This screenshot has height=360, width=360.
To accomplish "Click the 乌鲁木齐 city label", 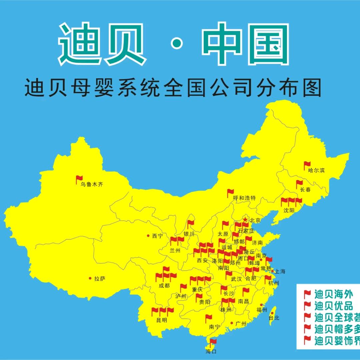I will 92,184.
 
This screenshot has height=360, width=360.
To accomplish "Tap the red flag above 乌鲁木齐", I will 79,179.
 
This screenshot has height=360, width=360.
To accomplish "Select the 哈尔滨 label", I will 316,170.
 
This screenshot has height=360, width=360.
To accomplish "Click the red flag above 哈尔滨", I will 307,165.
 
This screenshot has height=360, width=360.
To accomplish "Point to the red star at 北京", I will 245,220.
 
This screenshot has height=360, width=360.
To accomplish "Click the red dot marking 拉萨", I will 90,278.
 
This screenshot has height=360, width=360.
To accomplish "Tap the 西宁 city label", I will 158,236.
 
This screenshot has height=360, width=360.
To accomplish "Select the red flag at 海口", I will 213,341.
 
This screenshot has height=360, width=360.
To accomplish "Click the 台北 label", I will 274,318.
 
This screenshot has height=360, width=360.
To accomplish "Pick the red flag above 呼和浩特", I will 230,192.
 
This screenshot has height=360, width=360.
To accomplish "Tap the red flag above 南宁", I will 208,318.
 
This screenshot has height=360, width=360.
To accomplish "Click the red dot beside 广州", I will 232,323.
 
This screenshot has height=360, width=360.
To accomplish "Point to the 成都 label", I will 164,285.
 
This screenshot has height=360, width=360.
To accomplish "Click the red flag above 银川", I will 190,223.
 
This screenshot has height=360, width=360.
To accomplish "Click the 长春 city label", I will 305,190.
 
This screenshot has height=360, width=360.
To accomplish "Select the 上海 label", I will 280,271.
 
